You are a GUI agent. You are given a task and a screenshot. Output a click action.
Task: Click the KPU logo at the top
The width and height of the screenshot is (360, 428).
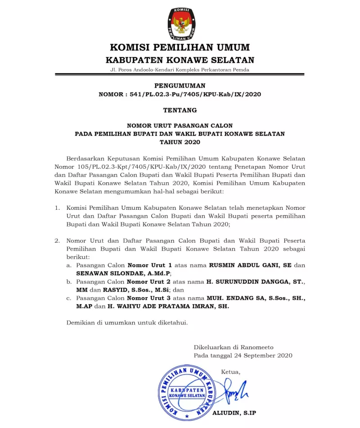(181, 23)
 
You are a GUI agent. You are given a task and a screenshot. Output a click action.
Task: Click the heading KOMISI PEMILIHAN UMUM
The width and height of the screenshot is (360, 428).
(180, 48)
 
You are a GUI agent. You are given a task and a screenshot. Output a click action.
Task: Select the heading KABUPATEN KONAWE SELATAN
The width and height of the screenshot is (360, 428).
(180, 60)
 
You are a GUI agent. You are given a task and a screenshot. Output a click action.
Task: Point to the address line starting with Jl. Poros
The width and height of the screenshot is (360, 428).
(180, 70)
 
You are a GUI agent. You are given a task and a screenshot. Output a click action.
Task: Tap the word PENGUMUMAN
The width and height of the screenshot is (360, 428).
(180, 85)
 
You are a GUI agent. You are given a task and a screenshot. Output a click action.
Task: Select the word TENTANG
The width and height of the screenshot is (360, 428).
(180, 110)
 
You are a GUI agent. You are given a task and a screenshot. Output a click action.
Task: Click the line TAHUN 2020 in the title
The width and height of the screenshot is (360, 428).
(180, 141)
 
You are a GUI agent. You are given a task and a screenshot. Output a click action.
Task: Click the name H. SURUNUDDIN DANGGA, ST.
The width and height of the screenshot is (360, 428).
(255, 282)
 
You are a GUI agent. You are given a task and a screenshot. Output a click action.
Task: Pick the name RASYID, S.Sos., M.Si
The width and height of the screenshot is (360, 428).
(135, 290)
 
